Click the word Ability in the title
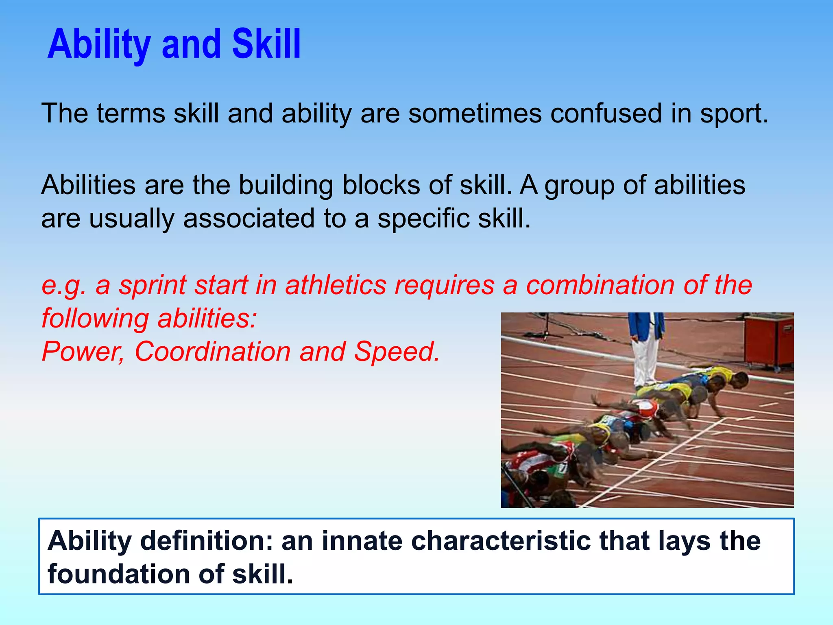tap(99, 45)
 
